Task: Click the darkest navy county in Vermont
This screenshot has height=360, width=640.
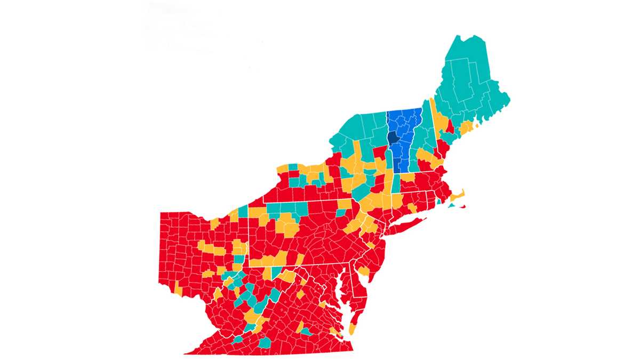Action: pos(394,138)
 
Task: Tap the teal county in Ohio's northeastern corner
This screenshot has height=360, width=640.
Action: pos(243,211)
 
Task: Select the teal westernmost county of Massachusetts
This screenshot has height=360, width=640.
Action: pos(396,184)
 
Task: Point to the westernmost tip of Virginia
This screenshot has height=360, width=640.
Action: pos(187,353)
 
